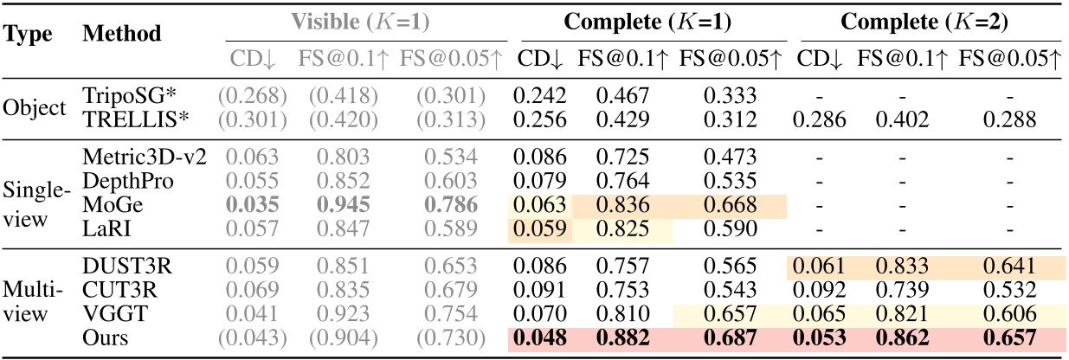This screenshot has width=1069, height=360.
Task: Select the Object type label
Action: pyautogui.click(x=34, y=109)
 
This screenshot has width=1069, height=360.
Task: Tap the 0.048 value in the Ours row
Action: pyautogui.click(x=542, y=338)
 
